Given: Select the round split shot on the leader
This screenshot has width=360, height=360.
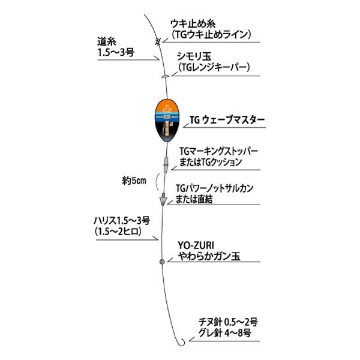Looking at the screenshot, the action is [161, 262].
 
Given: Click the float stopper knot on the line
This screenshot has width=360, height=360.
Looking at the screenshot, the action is [157, 42].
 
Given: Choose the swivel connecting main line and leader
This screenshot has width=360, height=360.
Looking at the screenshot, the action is [162, 198].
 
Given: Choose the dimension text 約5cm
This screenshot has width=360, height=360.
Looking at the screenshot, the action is [131, 179].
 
